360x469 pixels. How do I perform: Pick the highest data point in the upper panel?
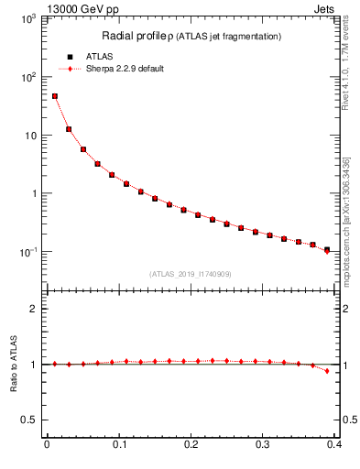coord(54,95)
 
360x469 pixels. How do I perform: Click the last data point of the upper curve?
coord(327,250)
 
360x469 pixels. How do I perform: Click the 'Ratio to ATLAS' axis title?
coord(12,364)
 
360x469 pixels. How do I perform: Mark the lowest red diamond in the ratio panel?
coord(327,371)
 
